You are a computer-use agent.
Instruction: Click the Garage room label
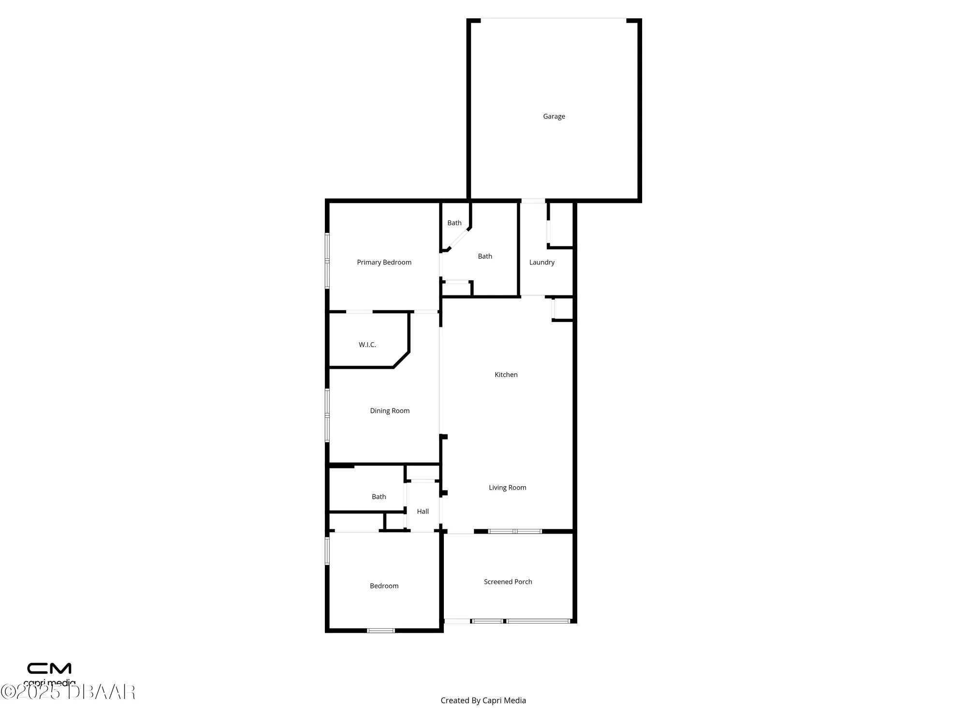[554, 116]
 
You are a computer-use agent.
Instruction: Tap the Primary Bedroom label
[384, 262]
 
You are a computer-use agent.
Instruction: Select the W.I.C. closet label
[367, 345]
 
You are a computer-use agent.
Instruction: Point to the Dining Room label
[390, 411]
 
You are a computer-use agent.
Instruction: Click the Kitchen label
[506, 375]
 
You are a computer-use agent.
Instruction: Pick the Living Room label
[507, 488]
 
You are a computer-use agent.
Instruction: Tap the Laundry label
[542, 262]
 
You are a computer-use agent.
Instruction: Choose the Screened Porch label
[508, 582]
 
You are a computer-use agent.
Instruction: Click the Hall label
[423, 511]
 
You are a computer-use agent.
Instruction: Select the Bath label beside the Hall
[379, 497]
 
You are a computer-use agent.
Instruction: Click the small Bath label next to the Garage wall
[454, 223]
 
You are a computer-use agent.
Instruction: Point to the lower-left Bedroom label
[384, 586]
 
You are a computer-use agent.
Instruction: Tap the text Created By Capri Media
[483, 700]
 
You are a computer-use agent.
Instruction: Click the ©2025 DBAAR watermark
[68, 692]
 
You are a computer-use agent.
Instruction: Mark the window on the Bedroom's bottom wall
[381, 630]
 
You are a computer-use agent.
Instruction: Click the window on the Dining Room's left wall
[327, 415]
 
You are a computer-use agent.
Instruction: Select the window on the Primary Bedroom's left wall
[327, 261]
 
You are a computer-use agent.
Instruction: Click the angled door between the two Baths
[459, 239]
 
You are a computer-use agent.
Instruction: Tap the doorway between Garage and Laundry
[533, 201]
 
